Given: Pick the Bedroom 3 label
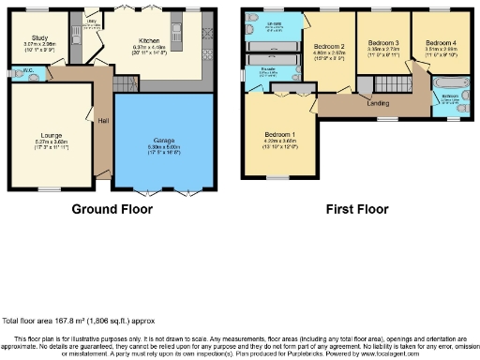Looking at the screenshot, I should (x=382, y=43).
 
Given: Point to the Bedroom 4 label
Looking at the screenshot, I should (x=439, y=43).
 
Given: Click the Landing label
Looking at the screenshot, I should (x=378, y=103).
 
